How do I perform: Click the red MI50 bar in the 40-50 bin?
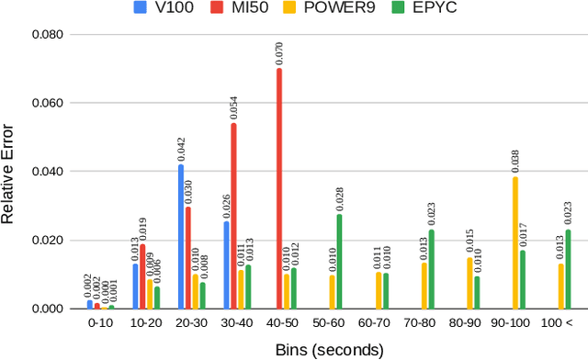coord(279,188)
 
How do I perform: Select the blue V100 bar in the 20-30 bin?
coord(181,236)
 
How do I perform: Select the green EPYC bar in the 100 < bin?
coord(568,269)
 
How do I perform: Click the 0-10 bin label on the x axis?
coord(99,323)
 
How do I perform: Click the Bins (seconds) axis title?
coord(329,350)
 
